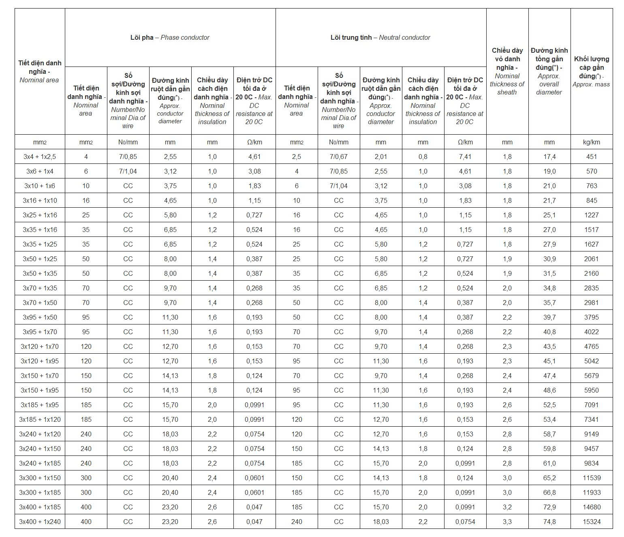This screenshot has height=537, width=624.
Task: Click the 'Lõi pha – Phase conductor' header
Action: click(x=170, y=37)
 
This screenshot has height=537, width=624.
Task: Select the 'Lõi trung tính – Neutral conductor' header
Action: click(x=380, y=37)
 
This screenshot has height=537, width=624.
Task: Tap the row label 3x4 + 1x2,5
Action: click(x=40, y=157)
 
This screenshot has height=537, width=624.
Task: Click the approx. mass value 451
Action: click(x=591, y=157)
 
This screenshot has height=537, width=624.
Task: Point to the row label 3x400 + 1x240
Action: click(x=40, y=522)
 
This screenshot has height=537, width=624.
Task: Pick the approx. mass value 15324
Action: click(x=591, y=522)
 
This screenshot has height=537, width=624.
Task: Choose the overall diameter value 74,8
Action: click(x=549, y=522)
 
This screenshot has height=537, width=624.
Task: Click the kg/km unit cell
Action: click(x=591, y=142)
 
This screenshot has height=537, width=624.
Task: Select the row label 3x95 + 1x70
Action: click(x=40, y=332)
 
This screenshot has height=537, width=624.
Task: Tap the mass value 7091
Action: click(x=591, y=405)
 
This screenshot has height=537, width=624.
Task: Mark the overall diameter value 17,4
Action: click(x=549, y=157)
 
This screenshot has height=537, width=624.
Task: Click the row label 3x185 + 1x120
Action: click(x=40, y=419)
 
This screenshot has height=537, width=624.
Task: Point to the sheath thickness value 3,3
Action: click(x=507, y=522)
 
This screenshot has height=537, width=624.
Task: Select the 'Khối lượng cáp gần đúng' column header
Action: click(x=591, y=71)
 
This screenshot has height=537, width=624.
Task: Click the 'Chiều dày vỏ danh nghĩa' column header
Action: click(x=507, y=71)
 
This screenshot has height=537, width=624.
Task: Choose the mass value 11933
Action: click(x=591, y=492)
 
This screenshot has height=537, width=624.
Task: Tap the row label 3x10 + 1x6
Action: click(x=40, y=186)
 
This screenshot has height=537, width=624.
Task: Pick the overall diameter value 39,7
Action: click(x=549, y=317)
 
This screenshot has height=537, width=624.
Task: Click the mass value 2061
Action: click(x=591, y=259)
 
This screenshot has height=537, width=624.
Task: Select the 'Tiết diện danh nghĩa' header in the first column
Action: click(x=40, y=71)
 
